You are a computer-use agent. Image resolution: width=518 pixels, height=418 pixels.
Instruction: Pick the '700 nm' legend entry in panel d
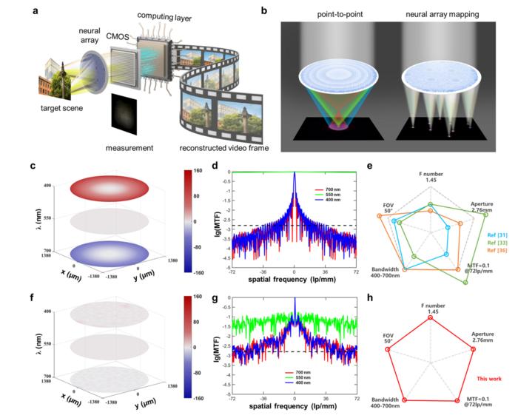tap(316, 189)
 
